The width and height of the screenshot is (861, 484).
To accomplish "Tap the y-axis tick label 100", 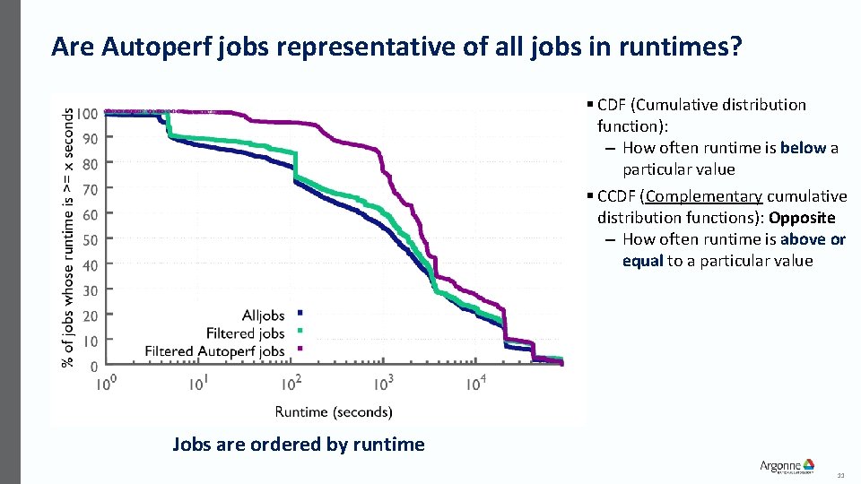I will tap(87, 114).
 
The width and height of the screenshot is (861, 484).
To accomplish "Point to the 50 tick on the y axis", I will tap(91, 240).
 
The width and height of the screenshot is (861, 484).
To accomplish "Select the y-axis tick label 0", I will tap(94, 367).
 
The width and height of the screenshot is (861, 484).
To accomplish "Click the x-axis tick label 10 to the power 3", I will tap(383, 384).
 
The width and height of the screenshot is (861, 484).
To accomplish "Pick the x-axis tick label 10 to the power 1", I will tap(199, 384).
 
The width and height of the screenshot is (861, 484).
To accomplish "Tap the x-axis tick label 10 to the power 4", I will tap(476, 384).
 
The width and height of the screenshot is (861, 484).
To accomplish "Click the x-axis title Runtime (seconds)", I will tap(333, 412).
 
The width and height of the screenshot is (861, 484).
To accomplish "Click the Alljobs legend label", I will tap(263, 315).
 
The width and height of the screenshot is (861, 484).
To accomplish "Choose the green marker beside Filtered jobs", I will tap(300, 332).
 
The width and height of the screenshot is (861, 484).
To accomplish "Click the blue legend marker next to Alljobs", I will tap(300, 312).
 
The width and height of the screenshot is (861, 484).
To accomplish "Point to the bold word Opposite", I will tap(802, 218).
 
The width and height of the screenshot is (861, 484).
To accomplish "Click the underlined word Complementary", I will tap(702, 196).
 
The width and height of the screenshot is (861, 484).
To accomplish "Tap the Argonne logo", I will tap(787, 466).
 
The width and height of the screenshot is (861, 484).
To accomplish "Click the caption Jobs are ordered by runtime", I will tap(298, 445).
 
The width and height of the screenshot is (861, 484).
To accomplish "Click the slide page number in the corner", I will tap(840, 474).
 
